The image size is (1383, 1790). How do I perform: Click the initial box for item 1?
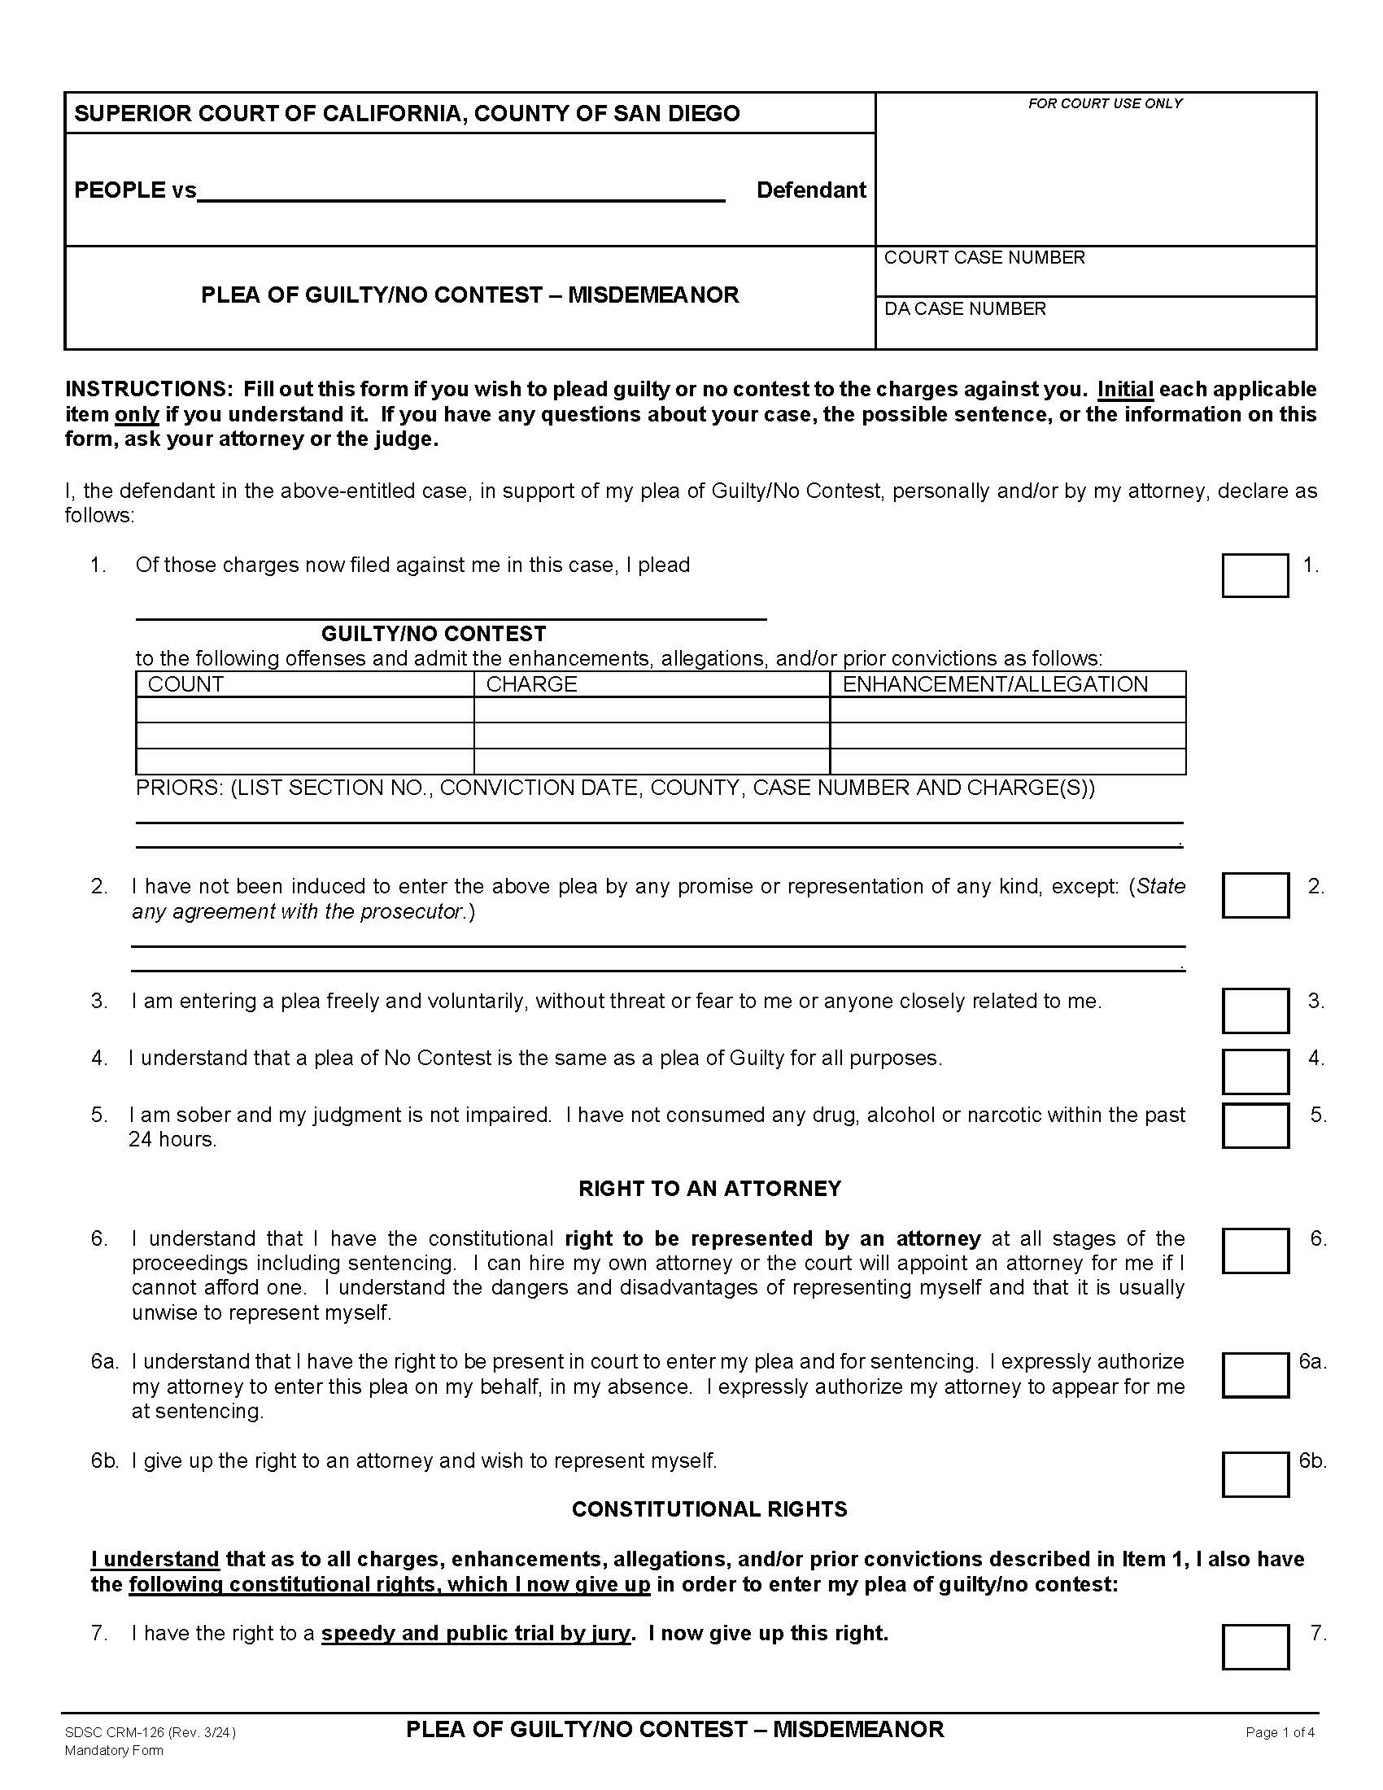coord(1254,575)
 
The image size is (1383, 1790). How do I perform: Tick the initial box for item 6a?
coord(1254,1374)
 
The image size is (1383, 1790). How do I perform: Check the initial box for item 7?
coord(1254,1647)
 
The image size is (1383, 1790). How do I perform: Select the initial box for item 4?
coord(1254,1072)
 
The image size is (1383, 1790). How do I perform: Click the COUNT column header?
coord(186,684)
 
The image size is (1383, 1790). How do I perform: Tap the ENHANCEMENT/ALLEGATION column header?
coord(995,684)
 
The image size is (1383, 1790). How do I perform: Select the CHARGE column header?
coord(532,684)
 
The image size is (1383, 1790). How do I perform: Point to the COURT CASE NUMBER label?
coord(984,257)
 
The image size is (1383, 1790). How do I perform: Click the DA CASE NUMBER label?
coord(964,309)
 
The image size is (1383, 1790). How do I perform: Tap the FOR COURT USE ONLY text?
coord(1105,103)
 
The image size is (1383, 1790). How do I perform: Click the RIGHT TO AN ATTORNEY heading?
coord(709,1189)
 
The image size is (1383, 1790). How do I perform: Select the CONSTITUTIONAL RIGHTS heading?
coord(709,1508)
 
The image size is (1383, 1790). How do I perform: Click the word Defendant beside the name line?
coord(810,190)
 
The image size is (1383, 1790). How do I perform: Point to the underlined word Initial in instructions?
coord(1125,389)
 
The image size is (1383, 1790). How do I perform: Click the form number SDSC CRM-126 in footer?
coord(115,1731)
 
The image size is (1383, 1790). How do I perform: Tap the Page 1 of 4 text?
coord(1280,1731)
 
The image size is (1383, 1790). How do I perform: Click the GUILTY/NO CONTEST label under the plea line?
coord(434,634)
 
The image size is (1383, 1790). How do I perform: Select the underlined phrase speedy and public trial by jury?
coord(475,1633)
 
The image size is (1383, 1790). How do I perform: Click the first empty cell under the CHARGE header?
coord(652,709)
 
